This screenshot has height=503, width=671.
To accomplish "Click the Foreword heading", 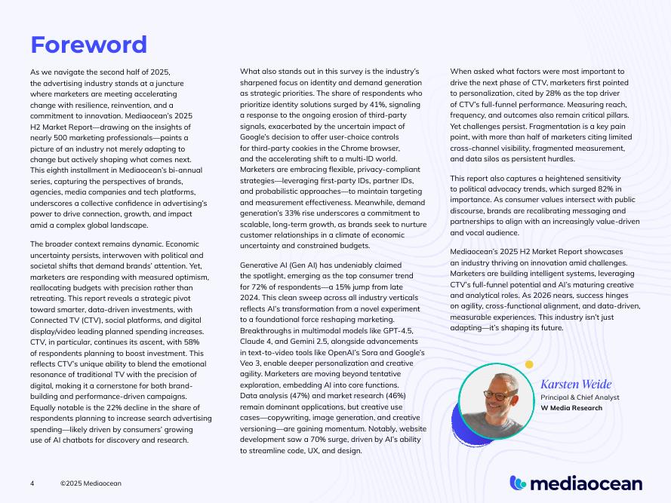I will coord(88,44).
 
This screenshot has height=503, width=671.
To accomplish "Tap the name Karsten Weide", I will coord(576,385).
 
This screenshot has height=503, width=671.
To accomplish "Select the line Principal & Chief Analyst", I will coord(580,397).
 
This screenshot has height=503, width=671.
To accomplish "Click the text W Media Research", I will coord(571,408).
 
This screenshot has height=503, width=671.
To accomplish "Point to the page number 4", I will coord(32,483).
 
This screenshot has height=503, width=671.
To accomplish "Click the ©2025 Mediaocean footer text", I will coord(91,483).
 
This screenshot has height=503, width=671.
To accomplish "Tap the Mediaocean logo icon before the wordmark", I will coord(519,483).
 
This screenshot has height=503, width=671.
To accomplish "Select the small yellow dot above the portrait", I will coord(529,364).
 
